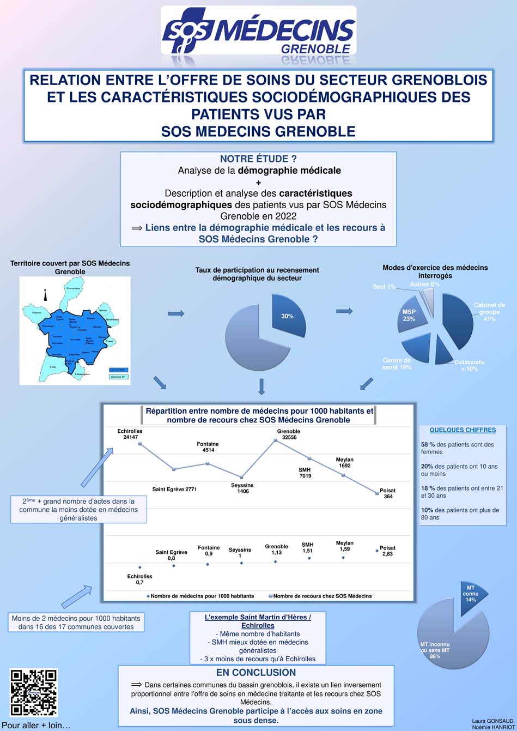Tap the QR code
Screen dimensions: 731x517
34,692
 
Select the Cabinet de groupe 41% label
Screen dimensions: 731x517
489,312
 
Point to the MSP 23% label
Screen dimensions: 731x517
409,315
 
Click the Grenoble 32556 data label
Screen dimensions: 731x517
288,434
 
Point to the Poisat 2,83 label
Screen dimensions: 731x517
387,551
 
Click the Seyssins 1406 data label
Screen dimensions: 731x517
242,488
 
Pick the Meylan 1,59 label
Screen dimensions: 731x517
344,546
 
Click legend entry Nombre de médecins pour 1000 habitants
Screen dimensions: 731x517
201,596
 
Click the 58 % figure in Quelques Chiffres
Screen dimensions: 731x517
427,444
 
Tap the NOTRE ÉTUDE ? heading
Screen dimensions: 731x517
258,159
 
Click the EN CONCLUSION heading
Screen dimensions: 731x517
256,672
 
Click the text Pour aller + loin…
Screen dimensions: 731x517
36,726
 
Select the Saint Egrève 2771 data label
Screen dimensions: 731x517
174,489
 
